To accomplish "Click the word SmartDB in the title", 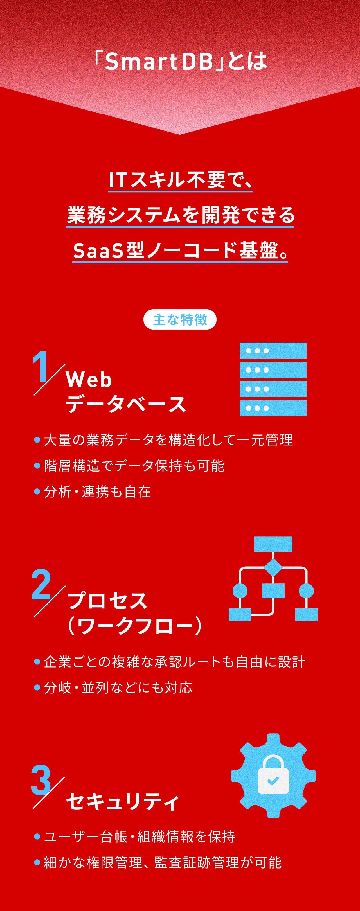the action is tap(159, 62).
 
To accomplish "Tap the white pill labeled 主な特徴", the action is tap(180, 319).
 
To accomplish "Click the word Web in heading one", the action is tap(89, 380).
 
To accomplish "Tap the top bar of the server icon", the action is tap(273, 351).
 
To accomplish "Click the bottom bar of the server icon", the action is tap(273, 408).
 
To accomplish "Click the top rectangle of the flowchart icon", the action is tap(273, 544).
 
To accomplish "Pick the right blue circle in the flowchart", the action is tap(306, 591).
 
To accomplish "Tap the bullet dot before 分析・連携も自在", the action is tap(37, 491).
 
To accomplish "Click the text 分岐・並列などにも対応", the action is tap(118, 688).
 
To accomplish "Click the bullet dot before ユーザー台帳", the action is tap(37, 837).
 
